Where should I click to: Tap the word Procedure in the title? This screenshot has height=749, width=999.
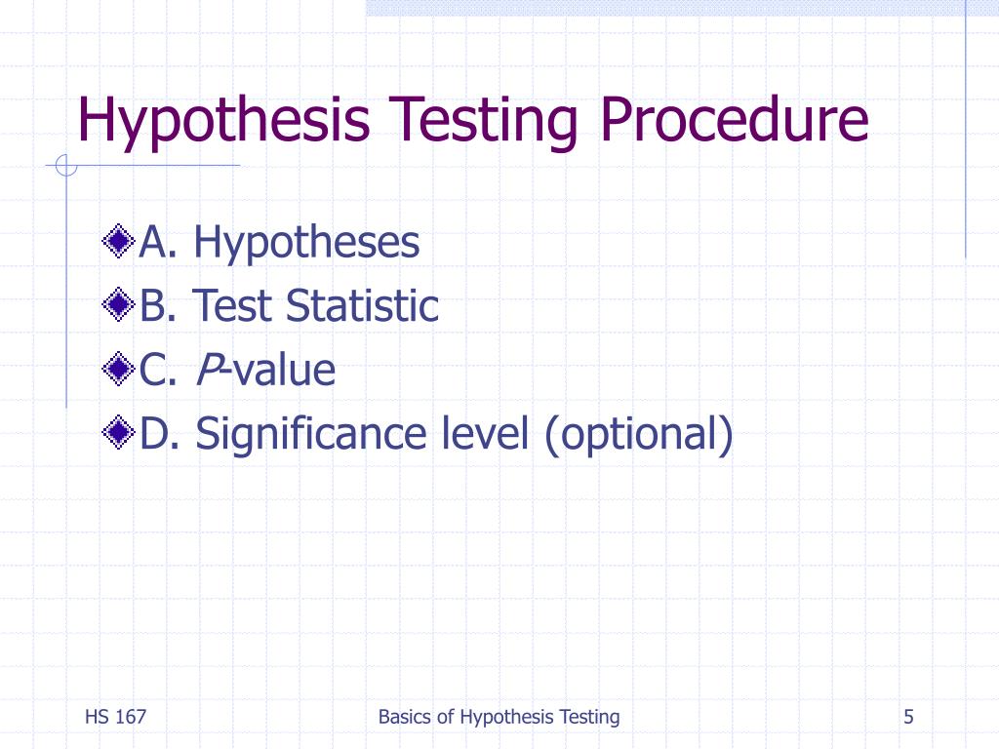pyautogui.click(x=735, y=119)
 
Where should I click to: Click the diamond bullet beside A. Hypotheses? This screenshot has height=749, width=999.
pyautogui.click(x=117, y=242)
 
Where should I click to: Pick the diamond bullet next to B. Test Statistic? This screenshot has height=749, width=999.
pyautogui.click(x=117, y=306)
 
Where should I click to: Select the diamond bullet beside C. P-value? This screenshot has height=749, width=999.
pyautogui.click(x=117, y=370)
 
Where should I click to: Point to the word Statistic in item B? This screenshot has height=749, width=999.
pyautogui.click(x=362, y=306)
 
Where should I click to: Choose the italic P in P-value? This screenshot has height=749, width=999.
pyautogui.click(x=207, y=371)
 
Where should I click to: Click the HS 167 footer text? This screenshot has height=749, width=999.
pyautogui.click(x=115, y=717)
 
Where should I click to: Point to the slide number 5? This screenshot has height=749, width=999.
pyautogui.click(x=908, y=717)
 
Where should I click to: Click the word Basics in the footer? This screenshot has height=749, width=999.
pyautogui.click(x=404, y=717)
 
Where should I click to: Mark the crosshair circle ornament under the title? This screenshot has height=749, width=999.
pyautogui.click(x=65, y=167)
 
